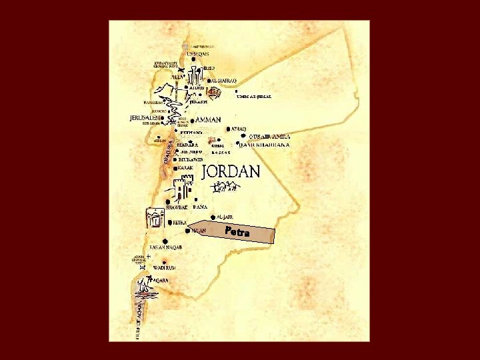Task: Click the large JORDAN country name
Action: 230,171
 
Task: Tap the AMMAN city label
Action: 209,120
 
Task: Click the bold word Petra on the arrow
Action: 237,232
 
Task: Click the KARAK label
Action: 185,168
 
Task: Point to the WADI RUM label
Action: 164,267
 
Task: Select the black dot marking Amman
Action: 192,121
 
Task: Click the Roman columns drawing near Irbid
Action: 195,75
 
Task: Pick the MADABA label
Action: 187,144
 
